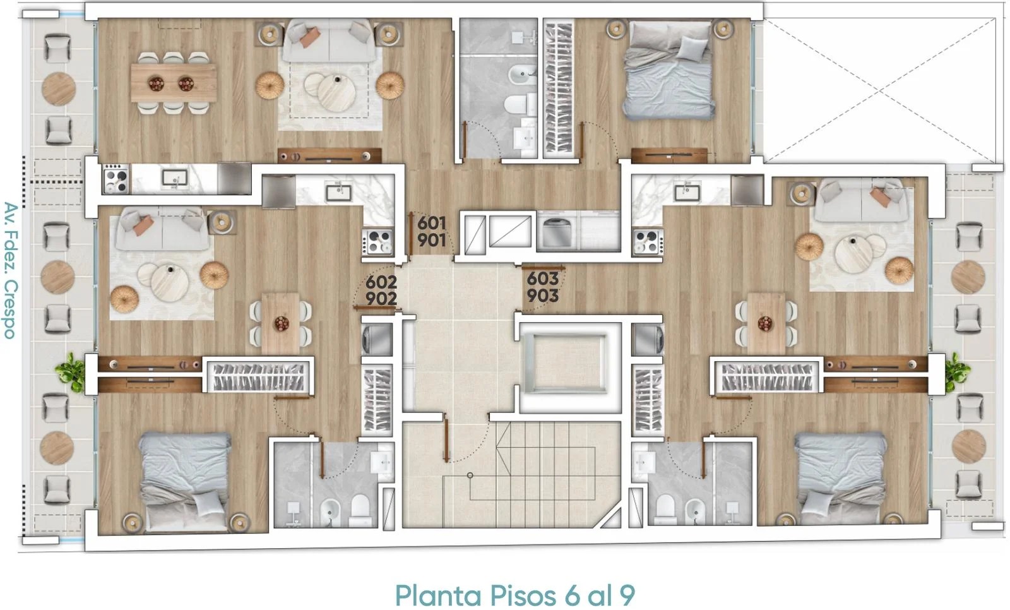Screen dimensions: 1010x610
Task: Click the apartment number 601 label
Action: pos(432,223)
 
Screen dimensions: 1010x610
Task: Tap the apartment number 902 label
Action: pos(381,298)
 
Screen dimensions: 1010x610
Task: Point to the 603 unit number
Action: pos(543,279)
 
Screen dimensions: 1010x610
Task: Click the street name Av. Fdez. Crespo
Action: pos(10,270)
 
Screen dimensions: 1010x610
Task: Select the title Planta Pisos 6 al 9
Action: pos(515,595)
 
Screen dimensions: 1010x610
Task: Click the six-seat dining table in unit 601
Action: pos(174,83)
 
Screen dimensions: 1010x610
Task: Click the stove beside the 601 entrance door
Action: pos(378,242)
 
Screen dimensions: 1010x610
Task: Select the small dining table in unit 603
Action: pos(766,323)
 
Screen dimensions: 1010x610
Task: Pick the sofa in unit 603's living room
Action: pos(862,200)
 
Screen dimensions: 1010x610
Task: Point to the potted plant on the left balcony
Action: pos(72,372)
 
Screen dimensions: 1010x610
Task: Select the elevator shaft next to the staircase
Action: pos(570,364)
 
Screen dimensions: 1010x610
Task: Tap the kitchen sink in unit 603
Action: pos(687,193)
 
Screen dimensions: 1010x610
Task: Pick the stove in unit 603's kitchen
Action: pos(647,242)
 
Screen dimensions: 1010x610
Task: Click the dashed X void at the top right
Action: pos(880,90)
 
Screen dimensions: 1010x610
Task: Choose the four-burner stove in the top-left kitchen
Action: pos(116,179)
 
